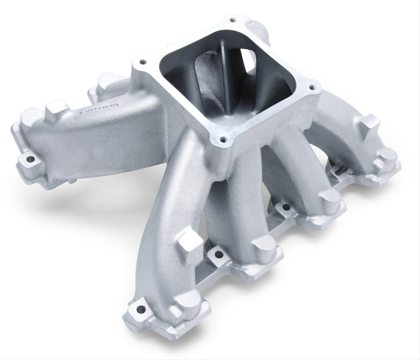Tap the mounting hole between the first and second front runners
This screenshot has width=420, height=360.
pos(218,253)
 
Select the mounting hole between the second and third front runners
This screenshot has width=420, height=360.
pos(286,207)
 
